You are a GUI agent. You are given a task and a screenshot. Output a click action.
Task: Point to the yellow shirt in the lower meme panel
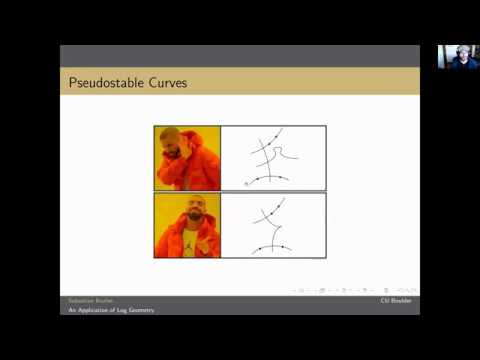(x=187, y=243)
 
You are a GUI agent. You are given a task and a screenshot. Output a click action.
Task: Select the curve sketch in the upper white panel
(x=270, y=157)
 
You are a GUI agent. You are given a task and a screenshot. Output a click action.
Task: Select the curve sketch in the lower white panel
(x=270, y=225)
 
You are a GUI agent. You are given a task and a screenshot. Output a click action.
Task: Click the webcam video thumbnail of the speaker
(x=457, y=57)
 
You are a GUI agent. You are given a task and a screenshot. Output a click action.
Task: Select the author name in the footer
(x=89, y=300)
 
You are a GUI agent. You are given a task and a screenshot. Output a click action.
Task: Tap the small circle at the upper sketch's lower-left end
(x=247, y=183)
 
